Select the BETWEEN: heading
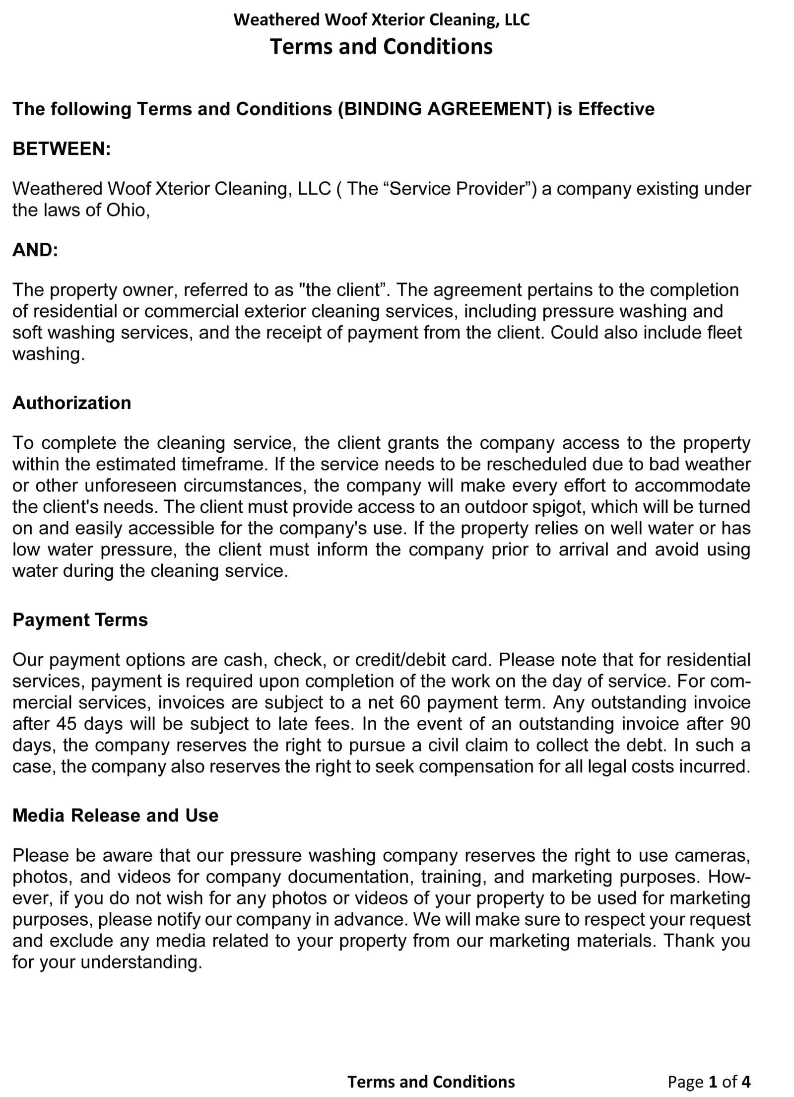pos(62,149)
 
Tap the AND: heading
pos(35,250)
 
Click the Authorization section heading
pos(72,403)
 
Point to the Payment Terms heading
pos(80,620)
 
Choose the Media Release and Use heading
pos(115,816)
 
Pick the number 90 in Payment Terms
pos(740,724)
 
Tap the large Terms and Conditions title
pos(381,47)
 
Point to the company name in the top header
pos(381,20)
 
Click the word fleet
pos(724,333)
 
